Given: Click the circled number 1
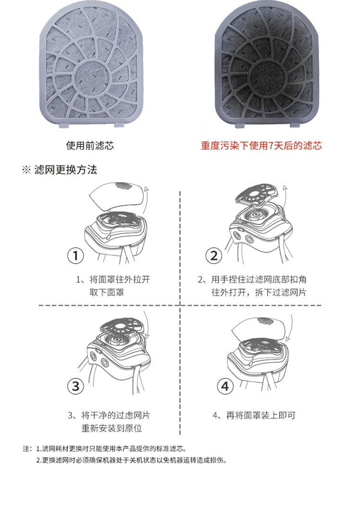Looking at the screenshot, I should coord(76,256).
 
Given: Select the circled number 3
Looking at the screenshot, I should coord(76,387).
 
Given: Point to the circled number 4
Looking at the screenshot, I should coord(225,387).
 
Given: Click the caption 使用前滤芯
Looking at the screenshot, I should coord(90,146).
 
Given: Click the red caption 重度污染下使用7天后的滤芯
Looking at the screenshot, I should coord(262,146).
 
